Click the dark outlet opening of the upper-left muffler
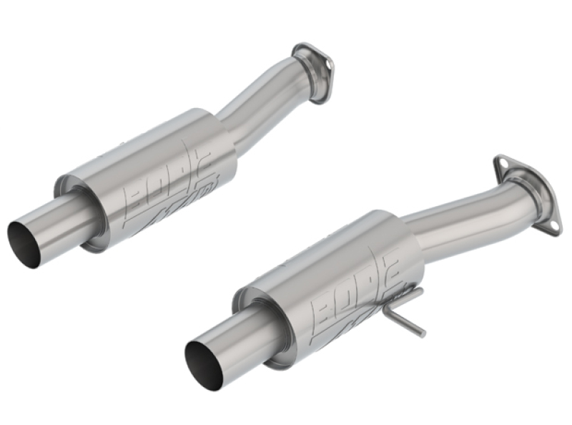tap(23, 244)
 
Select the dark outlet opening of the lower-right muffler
tap(202, 362)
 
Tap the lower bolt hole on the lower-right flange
tap(554, 223)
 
